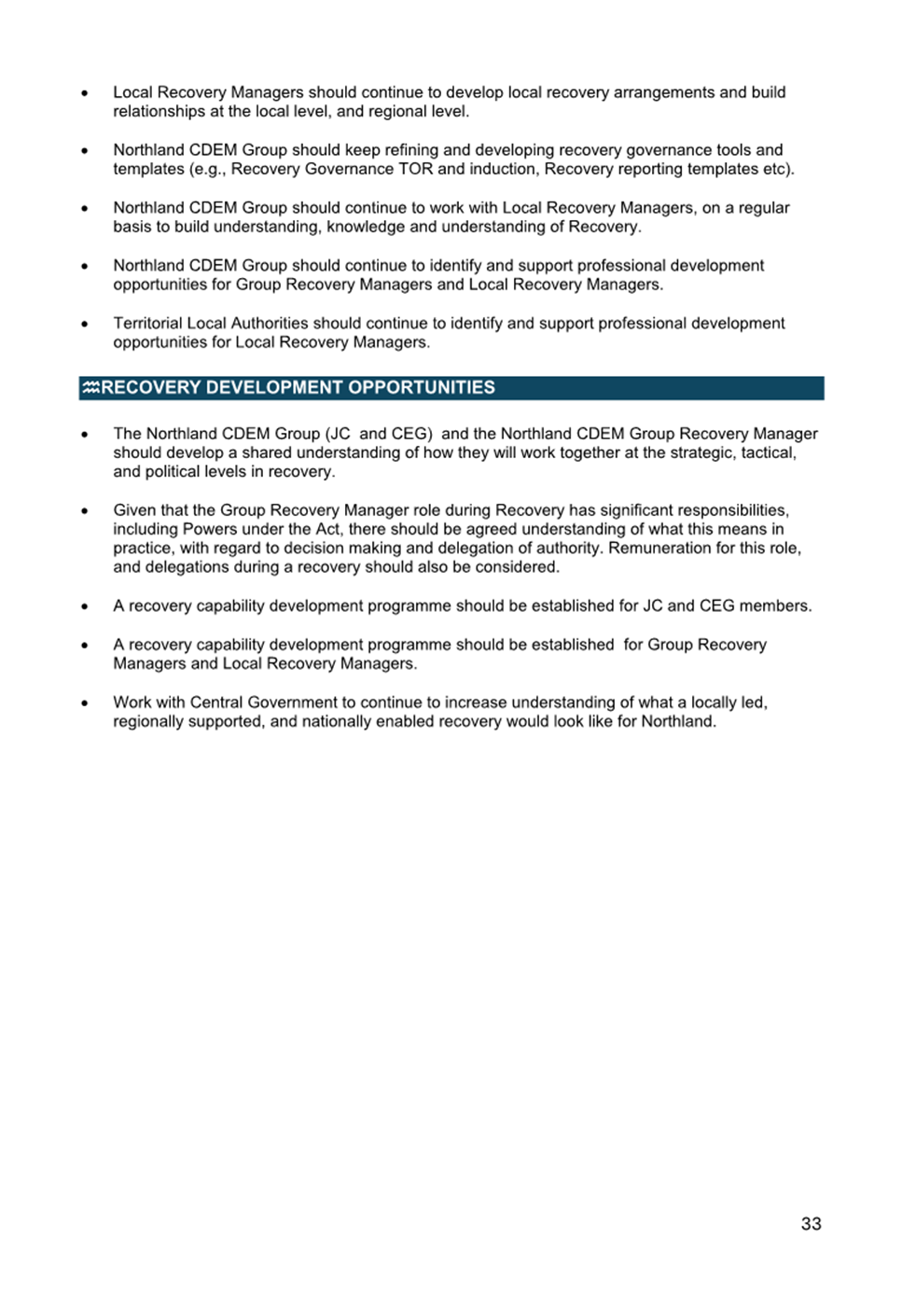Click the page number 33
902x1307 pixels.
click(811, 1223)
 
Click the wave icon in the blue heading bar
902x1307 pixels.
click(90, 388)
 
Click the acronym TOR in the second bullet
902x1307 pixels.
click(415, 169)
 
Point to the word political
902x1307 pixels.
click(177, 471)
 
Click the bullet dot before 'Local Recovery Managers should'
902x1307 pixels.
click(85, 93)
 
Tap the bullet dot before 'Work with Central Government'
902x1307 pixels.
click(85, 702)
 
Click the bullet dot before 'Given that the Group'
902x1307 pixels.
click(85, 511)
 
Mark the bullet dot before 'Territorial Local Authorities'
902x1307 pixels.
click(85, 324)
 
